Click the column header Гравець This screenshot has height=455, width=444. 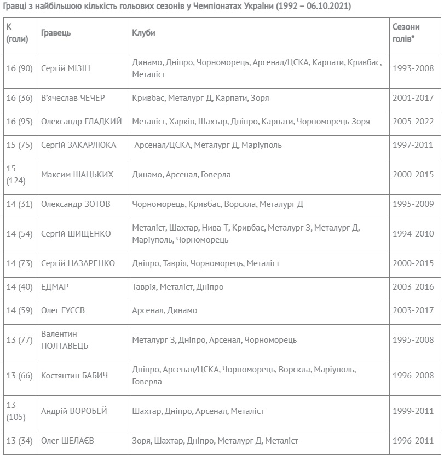pyautogui.click(x=56, y=33)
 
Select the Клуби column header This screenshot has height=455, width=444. pyautogui.click(x=143, y=33)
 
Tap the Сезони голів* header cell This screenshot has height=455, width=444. pyautogui.click(x=407, y=33)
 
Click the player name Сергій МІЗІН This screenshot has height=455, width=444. pyautogui.click(x=66, y=68)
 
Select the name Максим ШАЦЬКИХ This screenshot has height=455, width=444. pyautogui.click(x=78, y=175)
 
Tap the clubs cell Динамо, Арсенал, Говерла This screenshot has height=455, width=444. pyautogui.click(x=181, y=175)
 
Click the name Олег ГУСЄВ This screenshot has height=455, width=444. pyautogui.click(x=63, y=310)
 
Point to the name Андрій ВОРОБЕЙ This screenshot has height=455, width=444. pyautogui.click(x=74, y=411)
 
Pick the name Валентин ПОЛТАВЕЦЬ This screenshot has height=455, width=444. pyautogui.click(x=65, y=339)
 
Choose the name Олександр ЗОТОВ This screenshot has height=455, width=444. pyautogui.click(x=76, y=204)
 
